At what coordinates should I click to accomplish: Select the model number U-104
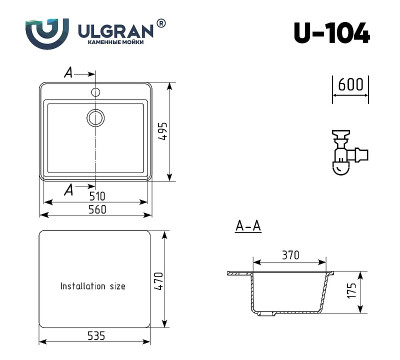[x=331, y=35]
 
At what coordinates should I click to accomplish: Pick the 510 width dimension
[x=97, y=198]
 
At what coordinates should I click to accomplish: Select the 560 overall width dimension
[x=97, y=213]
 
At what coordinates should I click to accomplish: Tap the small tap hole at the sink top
[x=97, y=90]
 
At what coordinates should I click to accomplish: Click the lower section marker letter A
[x=68, y=188]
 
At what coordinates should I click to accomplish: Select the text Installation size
[x=93, y=286]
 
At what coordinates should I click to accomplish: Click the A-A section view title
[x=249, y=228]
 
